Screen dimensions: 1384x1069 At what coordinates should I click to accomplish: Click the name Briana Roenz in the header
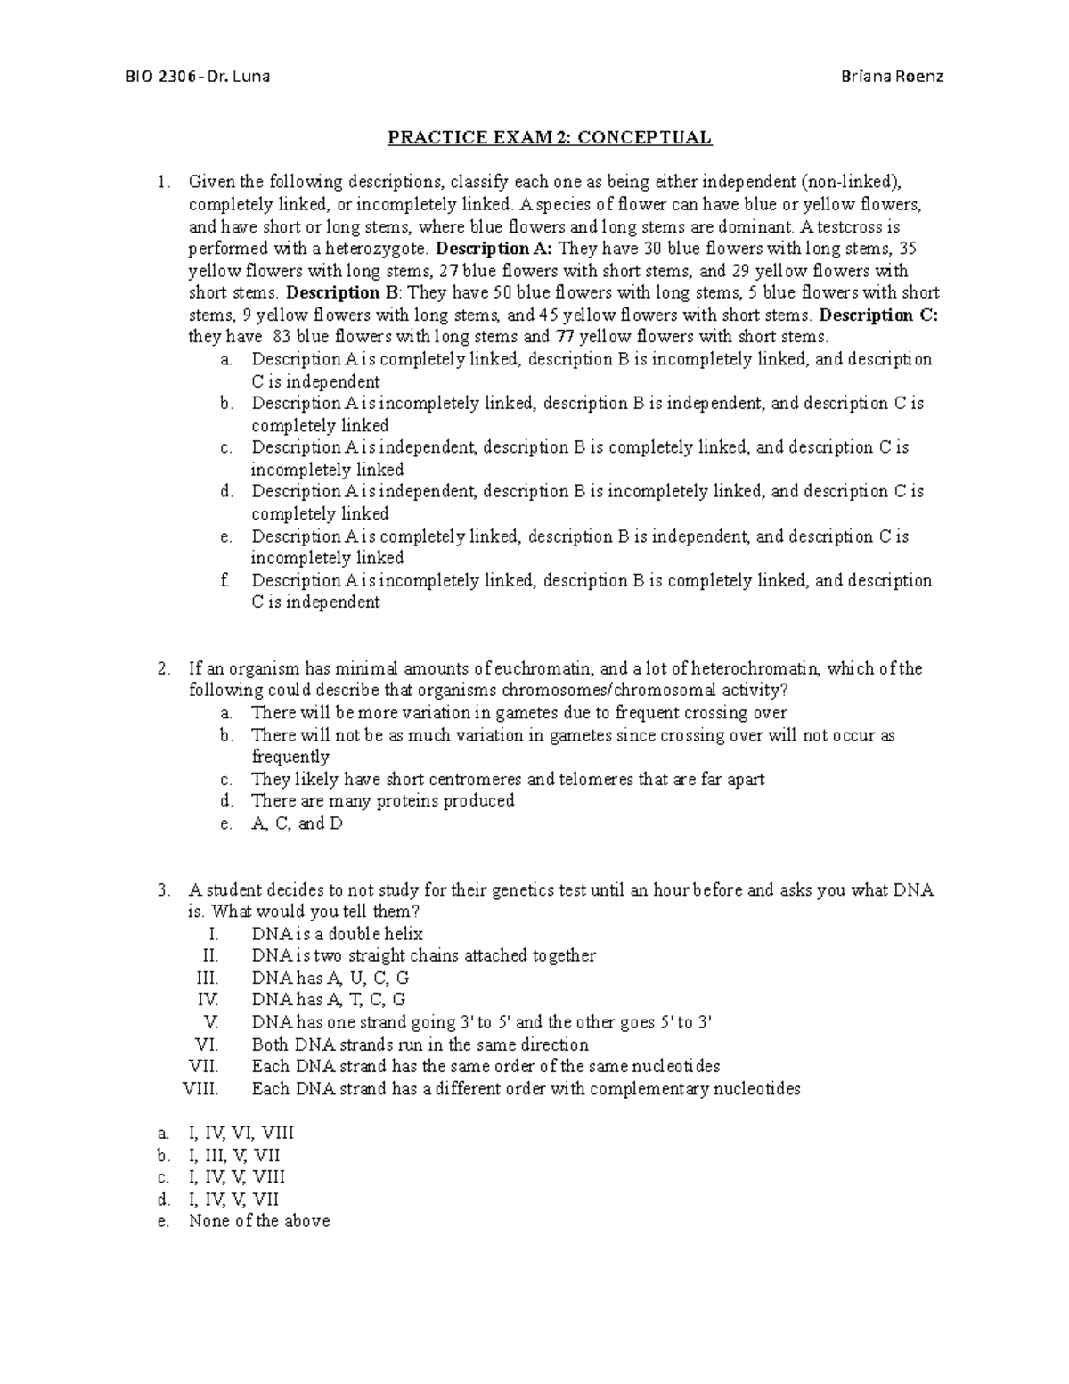[892, 76]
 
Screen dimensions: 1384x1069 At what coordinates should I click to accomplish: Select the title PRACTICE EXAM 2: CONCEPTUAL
[549, 137]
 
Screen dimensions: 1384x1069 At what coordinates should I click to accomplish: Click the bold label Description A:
[495, 249]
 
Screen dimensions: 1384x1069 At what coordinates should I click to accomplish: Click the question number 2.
[162, 668]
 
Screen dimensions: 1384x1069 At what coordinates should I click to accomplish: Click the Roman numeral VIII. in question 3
[200, 1089]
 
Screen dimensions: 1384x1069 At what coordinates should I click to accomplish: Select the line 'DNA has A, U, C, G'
[330, 979]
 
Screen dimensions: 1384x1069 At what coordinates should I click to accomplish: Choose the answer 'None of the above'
[258, 1221]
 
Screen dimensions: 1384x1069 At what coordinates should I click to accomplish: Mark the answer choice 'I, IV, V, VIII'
[236, 1177]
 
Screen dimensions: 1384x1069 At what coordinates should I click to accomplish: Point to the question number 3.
[162, 890]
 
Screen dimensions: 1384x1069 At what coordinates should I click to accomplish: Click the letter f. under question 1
[224, 581]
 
